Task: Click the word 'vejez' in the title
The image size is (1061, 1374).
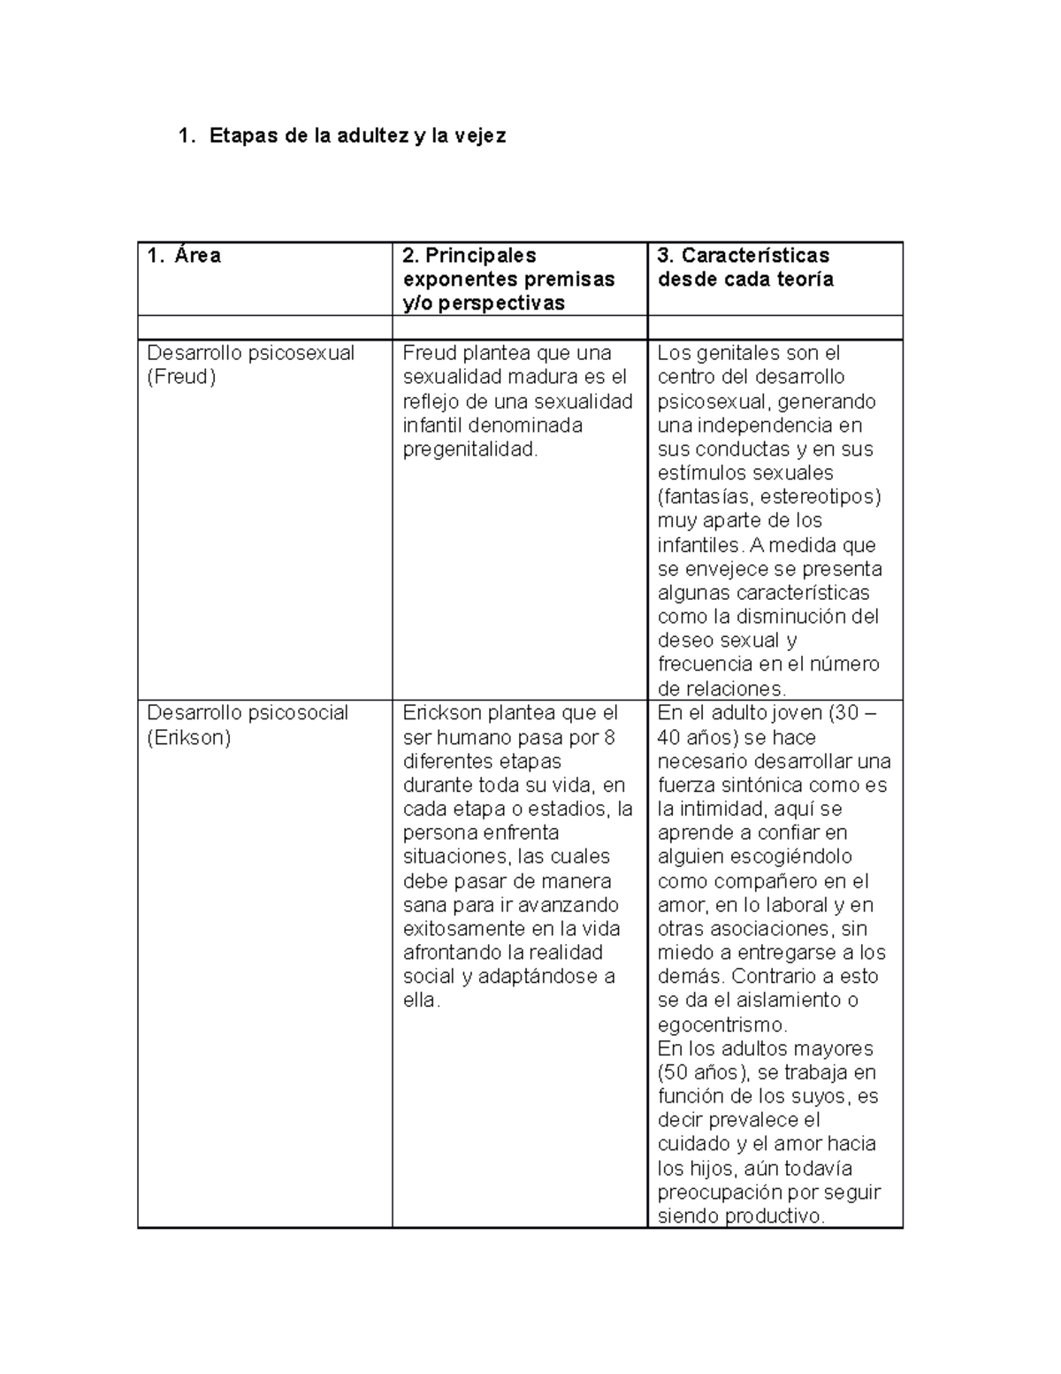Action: click(481, 136)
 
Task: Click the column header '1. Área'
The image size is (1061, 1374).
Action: click(184, 256)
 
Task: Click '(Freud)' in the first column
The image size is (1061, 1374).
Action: click(181, 377)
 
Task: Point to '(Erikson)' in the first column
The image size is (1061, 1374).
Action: click(188, 737)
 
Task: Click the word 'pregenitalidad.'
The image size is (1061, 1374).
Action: click(469, 449)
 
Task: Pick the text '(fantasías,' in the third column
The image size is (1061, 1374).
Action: click(702, 496)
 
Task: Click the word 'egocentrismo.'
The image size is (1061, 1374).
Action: click(721, 1025)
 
